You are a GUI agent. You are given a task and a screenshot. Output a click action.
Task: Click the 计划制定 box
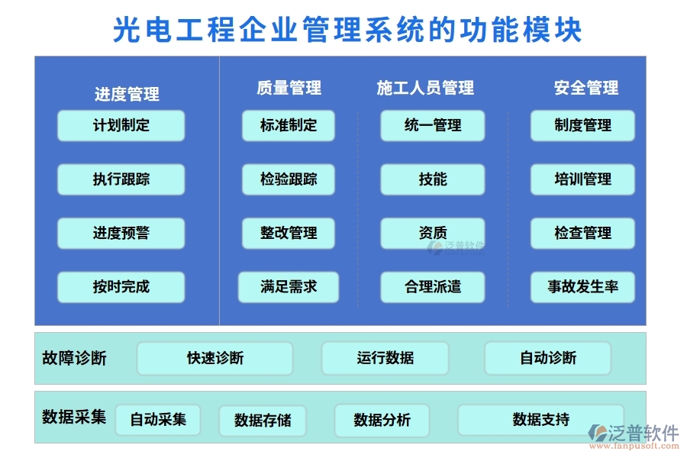pyautogui.click(x=121, y=125)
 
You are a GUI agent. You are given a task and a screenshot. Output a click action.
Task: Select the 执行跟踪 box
pyautogui.click(x=121, y=179)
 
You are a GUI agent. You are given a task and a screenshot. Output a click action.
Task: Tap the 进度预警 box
pyautogui.click(x=121, y=234)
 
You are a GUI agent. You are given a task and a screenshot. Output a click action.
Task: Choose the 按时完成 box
pyautogui.click(x=121, y=287)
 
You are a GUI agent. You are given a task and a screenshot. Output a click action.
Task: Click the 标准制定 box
pyautogui.click(x=289, y=125)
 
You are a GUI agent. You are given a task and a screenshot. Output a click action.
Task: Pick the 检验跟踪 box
pyautogui.click(x=289, y=179)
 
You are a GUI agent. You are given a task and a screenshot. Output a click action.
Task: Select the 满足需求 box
pyautogui.click(x=289, y=287)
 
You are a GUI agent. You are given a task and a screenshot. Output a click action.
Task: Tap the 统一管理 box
pyautogui.click(x=433, y=125)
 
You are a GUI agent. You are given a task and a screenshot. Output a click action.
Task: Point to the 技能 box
pyautogui.click(x=433, y=179)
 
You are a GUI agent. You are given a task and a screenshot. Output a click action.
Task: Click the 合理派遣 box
pyautogui.click(x=433, y=287)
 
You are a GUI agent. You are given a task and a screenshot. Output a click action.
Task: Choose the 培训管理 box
pyautogui.click(x=582, y=179)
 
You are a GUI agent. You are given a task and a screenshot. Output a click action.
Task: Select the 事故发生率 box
pyautogui.click(x=582, y=287)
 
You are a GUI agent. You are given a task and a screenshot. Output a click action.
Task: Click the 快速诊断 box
pyautogui.click(x=214, y=358)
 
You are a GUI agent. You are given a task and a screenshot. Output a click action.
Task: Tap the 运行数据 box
pyautogui.click(x=385, y=358)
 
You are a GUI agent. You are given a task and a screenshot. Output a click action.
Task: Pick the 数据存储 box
pyautogui.click(x=262, y=421)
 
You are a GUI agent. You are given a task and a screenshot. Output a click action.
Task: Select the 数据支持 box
pyautogui.click(x=540, y=420)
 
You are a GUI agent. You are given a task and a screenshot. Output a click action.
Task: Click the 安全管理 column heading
pyautogui.click(x=585, y=88)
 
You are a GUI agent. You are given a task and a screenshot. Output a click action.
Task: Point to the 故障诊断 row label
pyautogui.click(x=74, y=358)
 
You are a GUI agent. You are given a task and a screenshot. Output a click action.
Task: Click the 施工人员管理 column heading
pyautogui.click(x=425, y=88)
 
